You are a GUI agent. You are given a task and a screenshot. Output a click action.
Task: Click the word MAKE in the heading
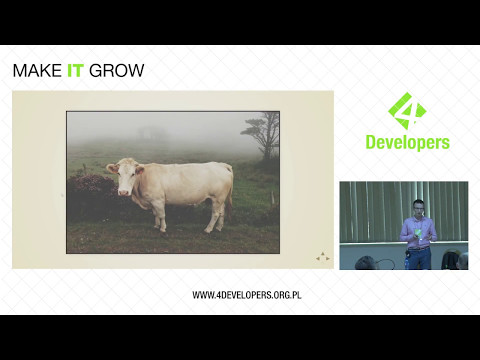(34, 71)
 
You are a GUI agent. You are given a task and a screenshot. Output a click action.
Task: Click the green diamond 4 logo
(406, 111)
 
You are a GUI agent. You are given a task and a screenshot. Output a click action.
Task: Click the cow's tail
(231, 190)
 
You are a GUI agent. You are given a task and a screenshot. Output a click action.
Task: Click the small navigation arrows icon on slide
(322, 257)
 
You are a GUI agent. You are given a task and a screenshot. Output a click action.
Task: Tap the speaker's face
(418, 208)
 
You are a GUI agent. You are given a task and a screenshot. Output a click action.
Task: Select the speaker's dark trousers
(418, 258)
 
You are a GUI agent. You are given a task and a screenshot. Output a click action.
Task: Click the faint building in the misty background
(150, 132)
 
